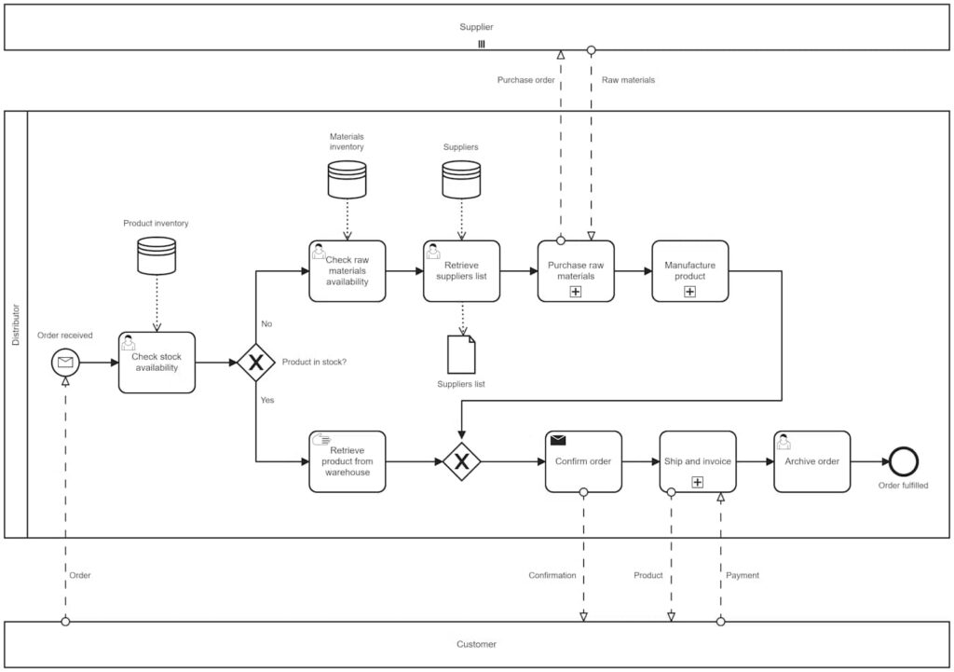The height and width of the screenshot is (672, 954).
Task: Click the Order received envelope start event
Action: [66, 363]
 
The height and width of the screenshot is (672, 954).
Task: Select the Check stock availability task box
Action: [157, 363]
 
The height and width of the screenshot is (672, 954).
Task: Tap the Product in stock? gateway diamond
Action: [255, 363]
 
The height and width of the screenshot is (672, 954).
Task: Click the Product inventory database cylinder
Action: [157, 255]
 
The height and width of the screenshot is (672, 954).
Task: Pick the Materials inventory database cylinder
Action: [347, 179]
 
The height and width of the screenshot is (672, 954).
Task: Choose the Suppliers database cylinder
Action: [460, 179]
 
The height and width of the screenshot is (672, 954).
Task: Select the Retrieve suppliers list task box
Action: [461, 271]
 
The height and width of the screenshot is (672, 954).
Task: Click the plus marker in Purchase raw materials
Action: [576, 292]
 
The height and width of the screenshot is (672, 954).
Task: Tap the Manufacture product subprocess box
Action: [689, 271]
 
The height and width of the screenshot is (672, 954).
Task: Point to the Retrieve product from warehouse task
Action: [347, 461]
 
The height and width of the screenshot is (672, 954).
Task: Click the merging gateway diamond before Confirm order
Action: [461, 461]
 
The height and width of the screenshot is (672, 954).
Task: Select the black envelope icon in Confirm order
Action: [558, 440]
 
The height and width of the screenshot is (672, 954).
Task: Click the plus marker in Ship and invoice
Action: [697, 482]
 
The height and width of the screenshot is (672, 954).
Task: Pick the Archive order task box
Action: [811, 461]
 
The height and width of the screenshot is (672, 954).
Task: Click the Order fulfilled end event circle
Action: [903, 461]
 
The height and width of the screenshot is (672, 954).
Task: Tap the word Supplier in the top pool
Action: [476, 27]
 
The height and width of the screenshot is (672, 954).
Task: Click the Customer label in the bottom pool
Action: [476, 644]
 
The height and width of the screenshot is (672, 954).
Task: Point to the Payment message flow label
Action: [742, 575]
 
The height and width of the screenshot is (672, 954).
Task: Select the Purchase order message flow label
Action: [525, 80]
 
